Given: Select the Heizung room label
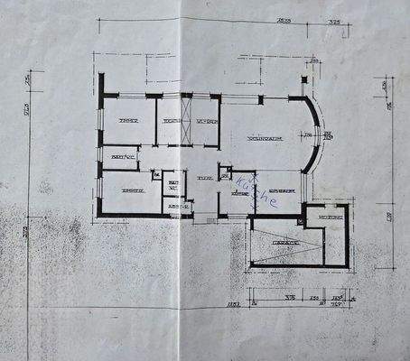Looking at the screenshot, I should click(x=328, y=217).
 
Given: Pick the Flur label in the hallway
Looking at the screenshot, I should click(x=205, y=179).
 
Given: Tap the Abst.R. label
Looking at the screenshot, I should click(x=175, y=207).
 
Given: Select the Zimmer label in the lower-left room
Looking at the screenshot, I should click(x=134, y=191).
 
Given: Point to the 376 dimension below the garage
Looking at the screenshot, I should click(x=291, y=296).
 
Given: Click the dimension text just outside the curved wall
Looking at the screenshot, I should click(x=328, y=136).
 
